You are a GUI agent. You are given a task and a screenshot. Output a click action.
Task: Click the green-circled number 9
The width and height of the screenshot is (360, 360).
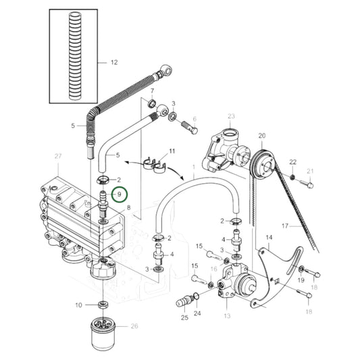pyautogui.click(x=119, y=195)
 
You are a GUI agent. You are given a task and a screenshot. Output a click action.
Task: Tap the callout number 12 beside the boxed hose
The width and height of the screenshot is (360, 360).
pyautogui.click(x=114, y=62)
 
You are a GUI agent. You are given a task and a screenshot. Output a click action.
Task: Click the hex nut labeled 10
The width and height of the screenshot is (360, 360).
pyautogui.click(x=103, y=305)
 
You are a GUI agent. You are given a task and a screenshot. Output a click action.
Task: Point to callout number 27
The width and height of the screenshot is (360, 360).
pyautogui.click(x=58, y=156)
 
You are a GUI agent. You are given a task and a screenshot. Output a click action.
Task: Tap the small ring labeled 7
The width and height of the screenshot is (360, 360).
pyautogui.click(x=152, y=103)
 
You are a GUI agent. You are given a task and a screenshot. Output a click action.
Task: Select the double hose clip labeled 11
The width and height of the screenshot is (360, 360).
pyautogui.click(x=155, y=165)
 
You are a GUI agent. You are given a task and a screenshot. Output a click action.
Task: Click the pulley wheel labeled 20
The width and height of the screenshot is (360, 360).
pyautogui.click(x=263, y=165)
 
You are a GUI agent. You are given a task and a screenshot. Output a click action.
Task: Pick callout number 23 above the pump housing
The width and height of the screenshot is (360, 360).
pyautogui.click(x=231, y=116)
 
